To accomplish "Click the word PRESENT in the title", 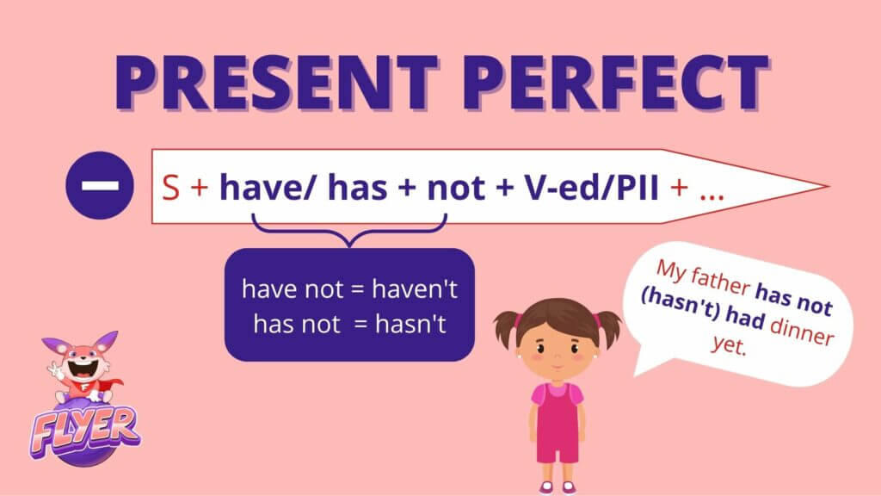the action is point(275,82).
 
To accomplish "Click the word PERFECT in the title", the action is point(615,82).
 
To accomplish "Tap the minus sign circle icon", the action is point(100,186).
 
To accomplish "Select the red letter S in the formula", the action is point(171,187).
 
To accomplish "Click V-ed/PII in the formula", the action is point(591,187).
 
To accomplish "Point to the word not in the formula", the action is point(456,188).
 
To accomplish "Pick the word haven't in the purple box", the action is point(415,289).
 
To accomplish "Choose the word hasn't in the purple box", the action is point(410,325).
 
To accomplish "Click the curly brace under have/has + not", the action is point(349,231).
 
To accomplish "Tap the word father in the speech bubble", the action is point(720,280).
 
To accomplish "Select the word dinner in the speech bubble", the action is point(801,332).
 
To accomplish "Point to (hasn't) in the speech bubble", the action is point(681,306).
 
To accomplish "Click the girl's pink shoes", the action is point(557,487).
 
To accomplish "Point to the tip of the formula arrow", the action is point(829,186).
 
